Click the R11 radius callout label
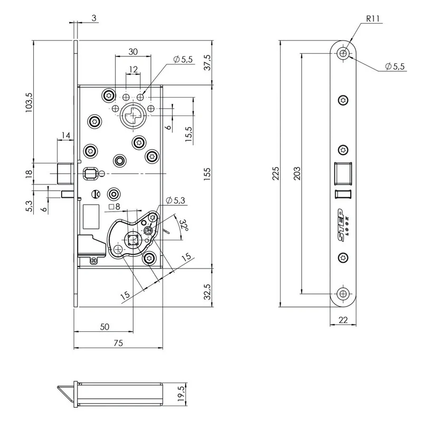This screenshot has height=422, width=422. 373,18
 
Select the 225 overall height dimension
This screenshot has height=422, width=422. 276,174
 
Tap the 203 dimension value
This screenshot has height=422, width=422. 296,174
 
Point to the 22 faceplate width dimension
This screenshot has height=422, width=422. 343,320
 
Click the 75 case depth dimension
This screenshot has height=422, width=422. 118,343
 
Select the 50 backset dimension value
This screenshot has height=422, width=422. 104,327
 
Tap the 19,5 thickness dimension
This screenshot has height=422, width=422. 181,394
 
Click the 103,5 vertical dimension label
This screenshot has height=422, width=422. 29,102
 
